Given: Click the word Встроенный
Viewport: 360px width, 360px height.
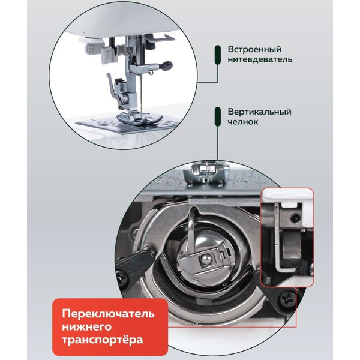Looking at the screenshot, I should (254, 49).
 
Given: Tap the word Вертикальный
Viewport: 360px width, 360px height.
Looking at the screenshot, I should (259, 112).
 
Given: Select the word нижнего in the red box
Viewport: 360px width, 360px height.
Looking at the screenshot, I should (88, 328).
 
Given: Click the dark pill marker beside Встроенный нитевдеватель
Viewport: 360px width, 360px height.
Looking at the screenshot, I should (217, 55).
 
